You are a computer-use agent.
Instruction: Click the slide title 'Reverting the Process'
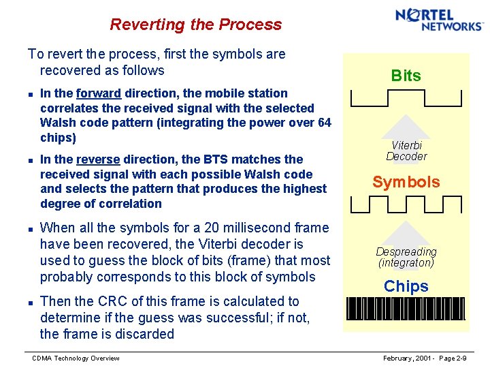195,25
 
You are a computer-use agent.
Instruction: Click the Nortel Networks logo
439,19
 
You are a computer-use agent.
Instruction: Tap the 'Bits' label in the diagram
406,76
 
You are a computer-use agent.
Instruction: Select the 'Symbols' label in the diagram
406,182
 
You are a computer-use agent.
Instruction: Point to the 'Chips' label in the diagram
406,286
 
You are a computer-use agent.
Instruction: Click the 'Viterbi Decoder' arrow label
406,151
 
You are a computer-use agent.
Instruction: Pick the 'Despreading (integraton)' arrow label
406,257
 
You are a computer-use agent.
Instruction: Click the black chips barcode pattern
406,309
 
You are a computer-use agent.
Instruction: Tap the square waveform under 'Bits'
406,98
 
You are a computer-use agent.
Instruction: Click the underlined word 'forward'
99,93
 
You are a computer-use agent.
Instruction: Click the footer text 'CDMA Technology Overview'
76,358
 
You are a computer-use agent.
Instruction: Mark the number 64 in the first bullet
324,123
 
